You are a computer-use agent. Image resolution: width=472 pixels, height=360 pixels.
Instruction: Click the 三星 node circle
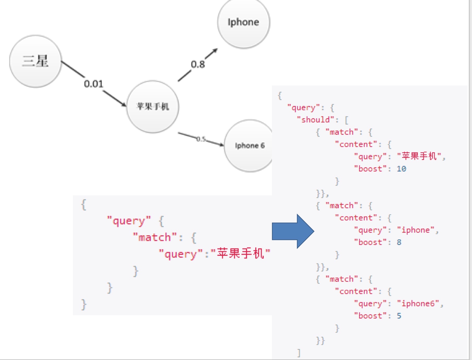coord(35,61)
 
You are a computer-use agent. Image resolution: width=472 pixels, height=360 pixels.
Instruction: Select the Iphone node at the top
coord(244,22)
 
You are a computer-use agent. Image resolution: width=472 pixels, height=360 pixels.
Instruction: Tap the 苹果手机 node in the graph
coord(153,107)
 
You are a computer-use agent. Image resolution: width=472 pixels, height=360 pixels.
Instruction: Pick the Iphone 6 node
coord(249,146)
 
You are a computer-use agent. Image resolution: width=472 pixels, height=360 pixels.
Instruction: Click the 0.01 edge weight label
coord(93,84)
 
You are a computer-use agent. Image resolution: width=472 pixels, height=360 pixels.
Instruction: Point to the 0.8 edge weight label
coord(198,64)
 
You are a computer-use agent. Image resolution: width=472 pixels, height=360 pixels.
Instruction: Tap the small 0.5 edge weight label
coord(201,139)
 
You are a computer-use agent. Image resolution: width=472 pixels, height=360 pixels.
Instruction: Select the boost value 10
coord(401,169)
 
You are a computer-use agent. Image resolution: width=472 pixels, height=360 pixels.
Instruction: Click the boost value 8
coord(399,242)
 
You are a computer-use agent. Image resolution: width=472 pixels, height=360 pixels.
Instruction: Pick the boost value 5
coord(399,316)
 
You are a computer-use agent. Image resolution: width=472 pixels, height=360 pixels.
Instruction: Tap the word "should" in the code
coord(315,120)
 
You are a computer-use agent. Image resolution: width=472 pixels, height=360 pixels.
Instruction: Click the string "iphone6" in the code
coord(418,303)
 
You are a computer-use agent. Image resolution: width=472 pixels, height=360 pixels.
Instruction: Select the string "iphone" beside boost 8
coord(416,230)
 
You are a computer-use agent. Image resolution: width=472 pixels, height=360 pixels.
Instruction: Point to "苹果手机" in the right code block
coord(419,156)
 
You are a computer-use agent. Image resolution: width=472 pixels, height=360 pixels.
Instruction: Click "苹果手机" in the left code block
coord(240,253)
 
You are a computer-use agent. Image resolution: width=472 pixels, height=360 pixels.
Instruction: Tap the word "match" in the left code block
coord(155,237)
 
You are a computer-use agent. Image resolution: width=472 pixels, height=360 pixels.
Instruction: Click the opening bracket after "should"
coord(346,120)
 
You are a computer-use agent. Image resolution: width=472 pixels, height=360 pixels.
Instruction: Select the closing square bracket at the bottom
coord(299,353)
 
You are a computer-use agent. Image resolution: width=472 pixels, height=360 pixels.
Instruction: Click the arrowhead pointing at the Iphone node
coord(214,51)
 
